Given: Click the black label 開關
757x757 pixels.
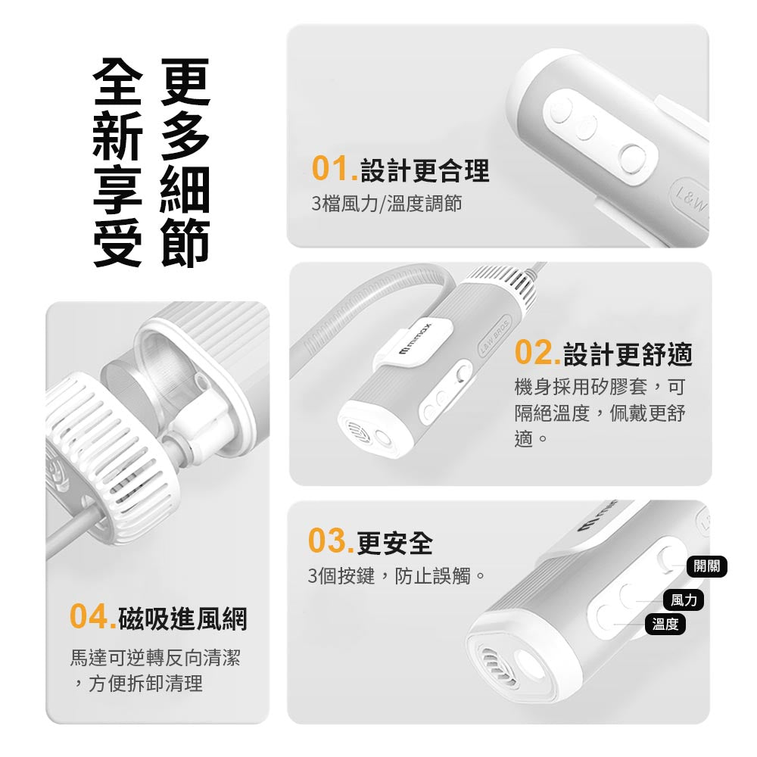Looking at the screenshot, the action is click(706, 566).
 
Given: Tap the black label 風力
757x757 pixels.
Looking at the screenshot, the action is click(684, 600).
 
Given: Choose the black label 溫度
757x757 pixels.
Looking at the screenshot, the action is click(665, 624).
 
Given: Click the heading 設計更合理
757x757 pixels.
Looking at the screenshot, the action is click(425, 170).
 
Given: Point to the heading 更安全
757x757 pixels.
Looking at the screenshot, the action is click(394, 543).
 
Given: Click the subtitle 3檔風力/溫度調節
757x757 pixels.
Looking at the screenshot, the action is click(387, 203).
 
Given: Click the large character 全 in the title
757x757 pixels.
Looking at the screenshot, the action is click(117, 81).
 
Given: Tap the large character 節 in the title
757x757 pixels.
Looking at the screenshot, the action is click(185, 243).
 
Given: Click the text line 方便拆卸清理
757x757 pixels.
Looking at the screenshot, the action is click(145, 683).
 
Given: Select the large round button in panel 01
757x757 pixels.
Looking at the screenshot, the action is click(632, 159).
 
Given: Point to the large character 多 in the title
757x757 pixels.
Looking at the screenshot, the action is click(185, 136).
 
